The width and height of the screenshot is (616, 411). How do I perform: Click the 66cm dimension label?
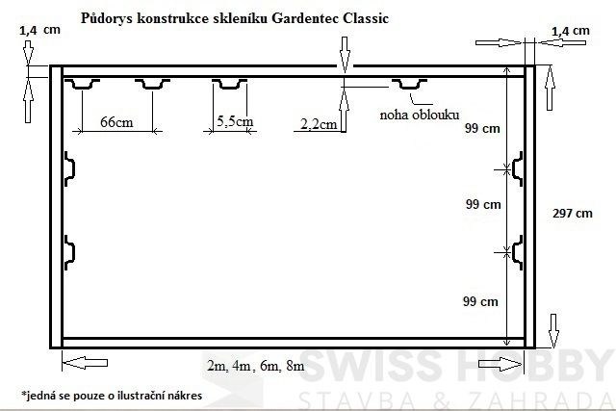point(116,122)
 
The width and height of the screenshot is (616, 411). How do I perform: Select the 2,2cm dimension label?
point(319,123)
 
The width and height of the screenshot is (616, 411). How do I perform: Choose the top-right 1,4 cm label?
point(570,31)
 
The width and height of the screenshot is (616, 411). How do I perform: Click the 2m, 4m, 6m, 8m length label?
point(256,365)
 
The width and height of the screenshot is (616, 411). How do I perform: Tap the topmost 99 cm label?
point(482,128)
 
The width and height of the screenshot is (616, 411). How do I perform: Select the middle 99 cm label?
point(482,204)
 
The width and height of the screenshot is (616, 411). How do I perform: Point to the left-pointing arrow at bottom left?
point(84,363)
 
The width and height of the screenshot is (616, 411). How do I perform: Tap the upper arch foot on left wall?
point(70,167)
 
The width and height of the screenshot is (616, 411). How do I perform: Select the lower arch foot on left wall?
point(70,249)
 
